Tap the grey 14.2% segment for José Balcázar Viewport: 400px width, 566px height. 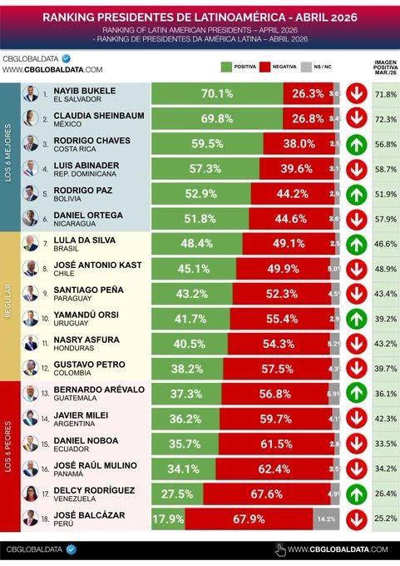[326, 519]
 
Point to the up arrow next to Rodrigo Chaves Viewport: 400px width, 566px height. [357, 143]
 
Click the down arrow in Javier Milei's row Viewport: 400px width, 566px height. [357, 422]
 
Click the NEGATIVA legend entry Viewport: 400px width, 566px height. [281, 65]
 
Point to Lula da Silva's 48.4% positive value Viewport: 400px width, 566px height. [197, 243]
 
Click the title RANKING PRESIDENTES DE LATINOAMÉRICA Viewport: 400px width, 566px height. [200, 15]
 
